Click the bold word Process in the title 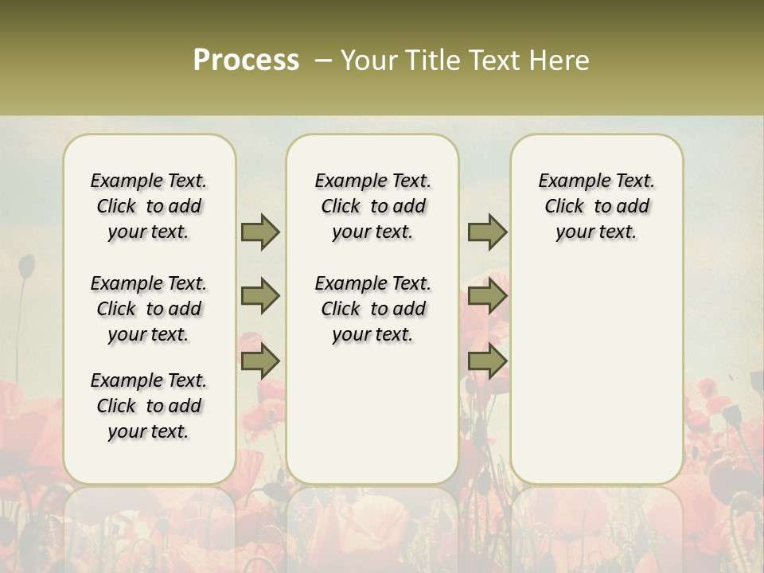246,60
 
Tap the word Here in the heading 559,60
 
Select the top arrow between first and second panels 260,232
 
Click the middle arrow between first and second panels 260,297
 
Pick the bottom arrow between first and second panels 260,361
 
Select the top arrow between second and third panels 487,232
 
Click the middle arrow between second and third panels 487,297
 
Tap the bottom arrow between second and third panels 487,361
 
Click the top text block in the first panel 149,206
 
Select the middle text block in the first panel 149,309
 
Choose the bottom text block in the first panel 149,406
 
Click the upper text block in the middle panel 372,206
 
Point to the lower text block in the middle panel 372,309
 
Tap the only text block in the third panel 596,206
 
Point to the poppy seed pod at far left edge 26,267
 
